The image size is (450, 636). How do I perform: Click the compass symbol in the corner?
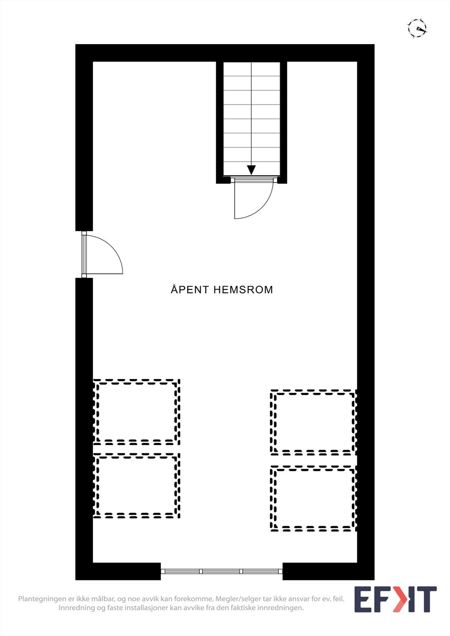tap(417, 28)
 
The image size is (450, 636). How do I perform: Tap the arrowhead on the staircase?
tap(251, 170)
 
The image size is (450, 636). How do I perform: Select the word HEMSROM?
tap(243, 289)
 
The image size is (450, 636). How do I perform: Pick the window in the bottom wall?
tap(222, 571)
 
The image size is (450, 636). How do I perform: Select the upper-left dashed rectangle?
tap(136, 412)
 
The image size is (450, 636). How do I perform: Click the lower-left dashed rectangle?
tap(136, 486)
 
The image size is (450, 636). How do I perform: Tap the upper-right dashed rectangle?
tap(313, 423)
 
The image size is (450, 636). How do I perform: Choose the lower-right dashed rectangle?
tap(313, 498)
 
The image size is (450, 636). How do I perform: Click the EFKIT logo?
tap(395, 599)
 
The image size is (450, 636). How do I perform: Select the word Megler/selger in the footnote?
tap(238, 599)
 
